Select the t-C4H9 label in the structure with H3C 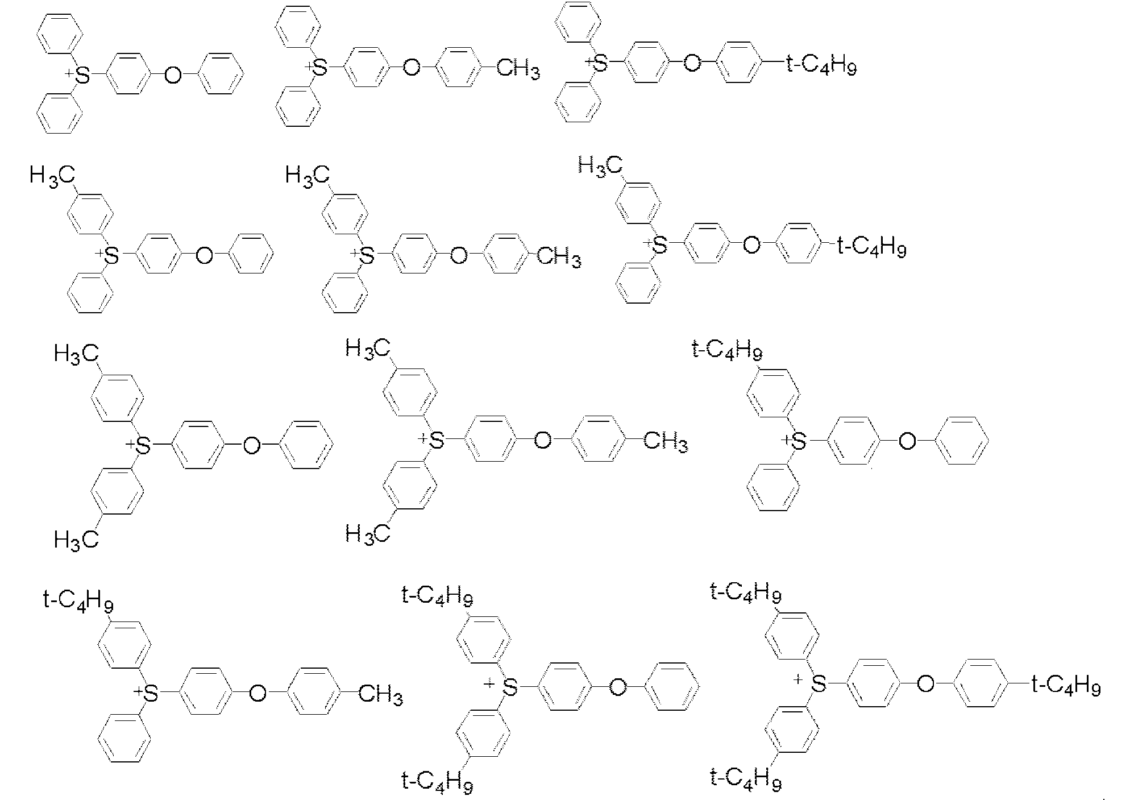click(871, 248)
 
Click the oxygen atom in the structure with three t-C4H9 click(925, 684)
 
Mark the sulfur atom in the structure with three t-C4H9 click(818, 684)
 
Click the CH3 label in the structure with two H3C click(665, 442)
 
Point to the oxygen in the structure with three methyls click(542, 441)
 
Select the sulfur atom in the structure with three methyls click(436, 441)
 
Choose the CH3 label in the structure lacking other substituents click(518, 70)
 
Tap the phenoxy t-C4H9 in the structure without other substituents click(821, 67)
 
